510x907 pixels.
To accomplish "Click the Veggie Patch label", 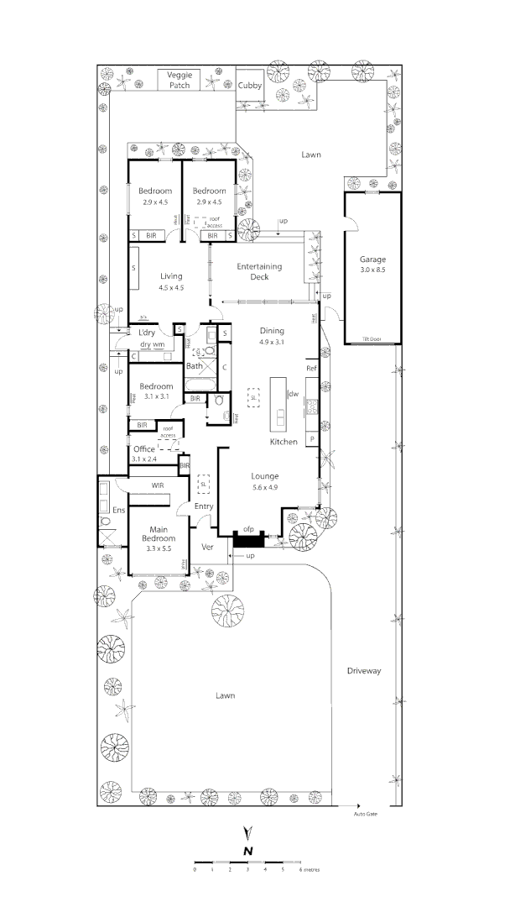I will [180, 80].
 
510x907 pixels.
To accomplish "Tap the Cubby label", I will [249, 86].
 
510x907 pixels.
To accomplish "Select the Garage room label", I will [372, 259].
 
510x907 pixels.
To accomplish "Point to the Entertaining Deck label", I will [258, 271].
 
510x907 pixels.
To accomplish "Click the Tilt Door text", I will [372, 338].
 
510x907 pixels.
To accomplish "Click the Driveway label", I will [363, 671].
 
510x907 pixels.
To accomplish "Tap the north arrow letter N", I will [248, 850].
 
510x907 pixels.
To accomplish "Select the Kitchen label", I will [284, 442].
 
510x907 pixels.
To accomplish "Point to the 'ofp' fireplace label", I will [248, 529].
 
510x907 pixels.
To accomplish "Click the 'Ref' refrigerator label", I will [310, 369].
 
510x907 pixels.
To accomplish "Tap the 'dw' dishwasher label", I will [294, 393].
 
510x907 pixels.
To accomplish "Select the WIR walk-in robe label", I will [157, 485].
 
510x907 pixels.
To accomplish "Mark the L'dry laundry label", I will [148, 333].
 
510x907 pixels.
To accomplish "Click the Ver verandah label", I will [208, 547].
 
